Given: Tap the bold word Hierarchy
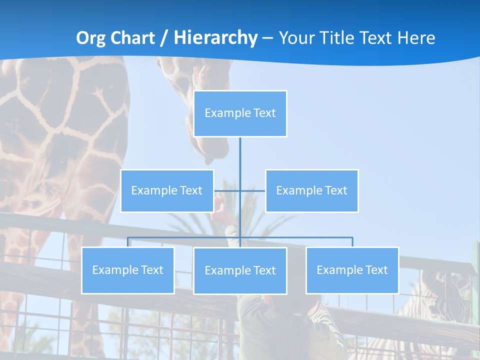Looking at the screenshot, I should [215, 38].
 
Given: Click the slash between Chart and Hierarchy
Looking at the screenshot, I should [163, 38].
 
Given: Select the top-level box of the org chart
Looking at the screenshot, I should [240, 113].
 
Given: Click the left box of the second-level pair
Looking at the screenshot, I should [167, 190].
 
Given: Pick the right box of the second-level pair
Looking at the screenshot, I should [311, 190].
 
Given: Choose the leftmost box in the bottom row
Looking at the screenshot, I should [128, 270].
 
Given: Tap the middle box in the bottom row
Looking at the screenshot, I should [240, 270].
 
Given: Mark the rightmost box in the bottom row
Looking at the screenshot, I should [352, 270].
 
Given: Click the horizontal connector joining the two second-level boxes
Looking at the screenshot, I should [252, 190].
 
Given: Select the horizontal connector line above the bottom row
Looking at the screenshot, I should [300, 237].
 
